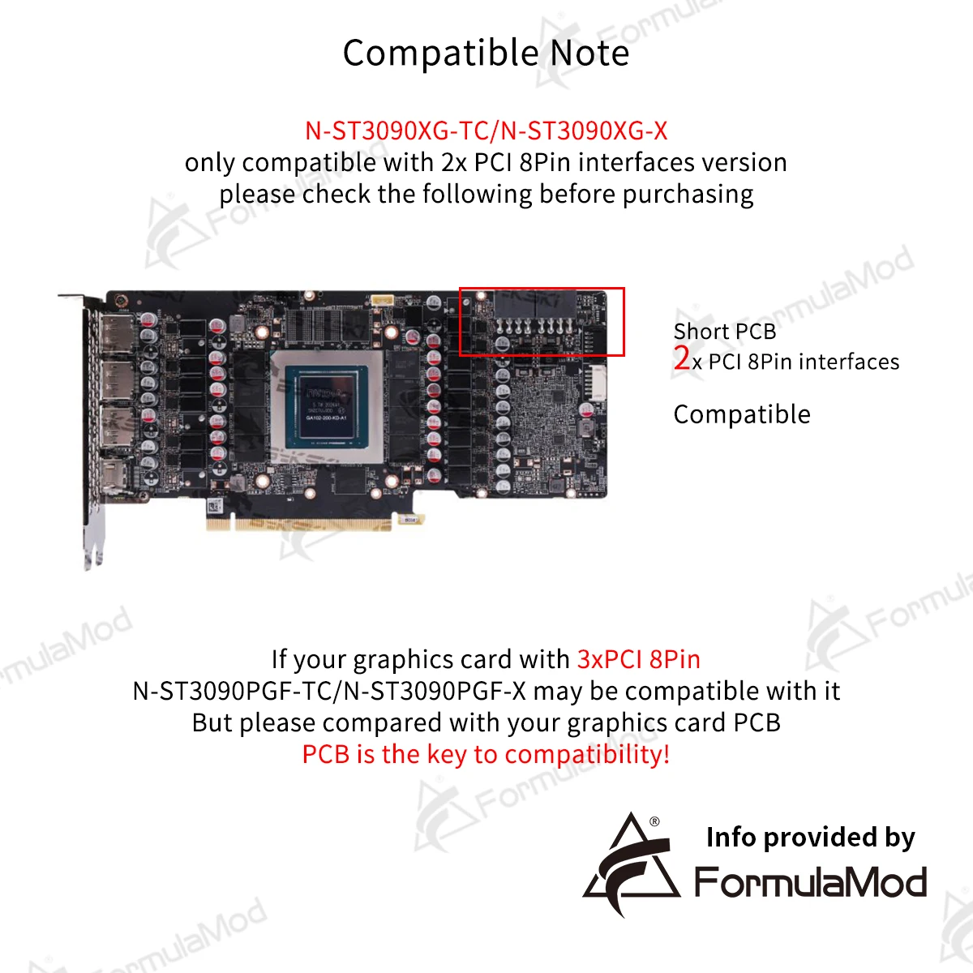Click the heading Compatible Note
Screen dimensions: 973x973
(486, 54)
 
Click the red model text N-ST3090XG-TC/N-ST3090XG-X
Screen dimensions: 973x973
(486, 131)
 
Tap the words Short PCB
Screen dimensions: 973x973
(724, 332)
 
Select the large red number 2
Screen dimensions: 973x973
(682, 358)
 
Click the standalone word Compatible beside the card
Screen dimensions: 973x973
(741, 414)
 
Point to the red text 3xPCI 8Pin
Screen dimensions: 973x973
(639, 659)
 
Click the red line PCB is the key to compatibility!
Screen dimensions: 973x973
(486, 754)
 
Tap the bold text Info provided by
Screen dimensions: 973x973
(810, 837)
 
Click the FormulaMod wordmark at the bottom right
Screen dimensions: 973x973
(810, 882)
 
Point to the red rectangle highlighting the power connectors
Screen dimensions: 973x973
(542, 321)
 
